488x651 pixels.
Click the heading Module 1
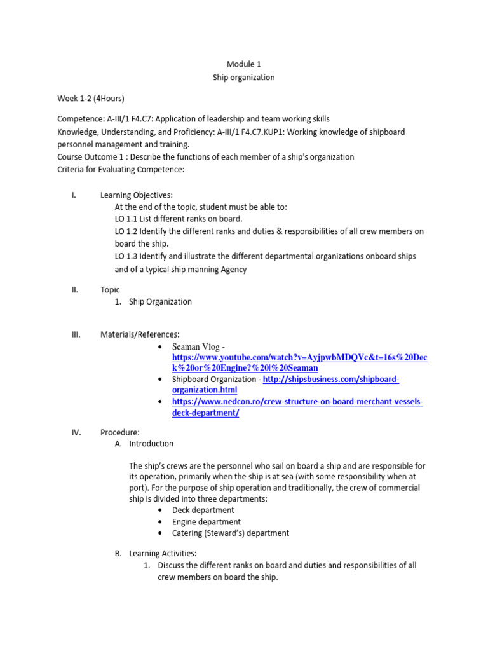coord(244,64)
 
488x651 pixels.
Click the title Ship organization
coord(244,77)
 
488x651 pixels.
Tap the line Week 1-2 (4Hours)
coord(91,99)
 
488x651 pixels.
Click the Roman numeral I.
coord(74,195)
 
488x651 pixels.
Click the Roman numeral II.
coord(74,290)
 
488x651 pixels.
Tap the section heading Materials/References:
coord(140,334)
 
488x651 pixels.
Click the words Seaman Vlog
coord(195,346)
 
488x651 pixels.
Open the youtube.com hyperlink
coord(299,358)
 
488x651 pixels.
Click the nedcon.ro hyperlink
coord(297,402)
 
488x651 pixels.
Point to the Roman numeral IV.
coord(76,432)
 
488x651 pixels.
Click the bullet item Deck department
coord(203,510)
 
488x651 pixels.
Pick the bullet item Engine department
coord(206,522)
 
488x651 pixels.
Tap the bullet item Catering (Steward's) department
coord(230,533)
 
